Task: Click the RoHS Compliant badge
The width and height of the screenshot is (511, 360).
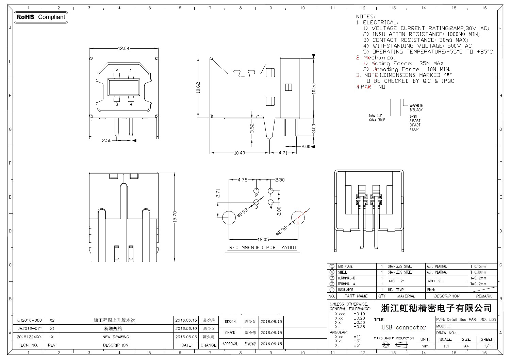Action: coord(41,17)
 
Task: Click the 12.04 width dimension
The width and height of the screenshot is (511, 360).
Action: coord(123,48)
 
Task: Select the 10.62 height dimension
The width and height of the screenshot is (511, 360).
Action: coord(198,88)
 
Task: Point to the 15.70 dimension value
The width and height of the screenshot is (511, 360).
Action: coord(175,217)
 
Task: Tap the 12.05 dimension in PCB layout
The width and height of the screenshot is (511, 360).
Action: coord(263,239)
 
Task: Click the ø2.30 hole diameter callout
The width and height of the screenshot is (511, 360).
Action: coord(282,231)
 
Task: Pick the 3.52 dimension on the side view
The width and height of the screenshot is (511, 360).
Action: coord(252,128)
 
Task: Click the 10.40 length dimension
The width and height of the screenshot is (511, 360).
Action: coord(239,153)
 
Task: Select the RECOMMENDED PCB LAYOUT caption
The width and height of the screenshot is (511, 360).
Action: coord(263,247)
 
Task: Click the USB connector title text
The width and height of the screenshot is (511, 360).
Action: coord(404,327)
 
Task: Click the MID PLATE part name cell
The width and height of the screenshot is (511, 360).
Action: coord(345,267)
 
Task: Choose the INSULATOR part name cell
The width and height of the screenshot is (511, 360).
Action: coord(345,290)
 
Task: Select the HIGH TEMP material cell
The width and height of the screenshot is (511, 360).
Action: coord(396,290)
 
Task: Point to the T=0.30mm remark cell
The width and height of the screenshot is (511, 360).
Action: coord(478,272)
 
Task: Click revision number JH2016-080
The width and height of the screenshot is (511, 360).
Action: coord(30,320)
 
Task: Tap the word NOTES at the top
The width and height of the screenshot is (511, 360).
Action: coord(365,16)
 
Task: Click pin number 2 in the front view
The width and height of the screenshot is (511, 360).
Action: coord(117,70)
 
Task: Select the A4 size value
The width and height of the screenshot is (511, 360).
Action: coord(466,346)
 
